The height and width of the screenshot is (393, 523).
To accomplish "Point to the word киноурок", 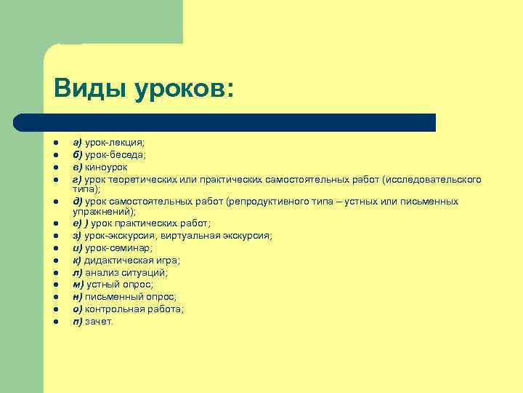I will (106, 167).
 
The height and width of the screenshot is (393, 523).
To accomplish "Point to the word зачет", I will (100, 321).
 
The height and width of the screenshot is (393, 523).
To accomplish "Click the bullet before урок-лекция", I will (55, 143).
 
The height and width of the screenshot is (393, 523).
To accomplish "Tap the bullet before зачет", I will (55, 321).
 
